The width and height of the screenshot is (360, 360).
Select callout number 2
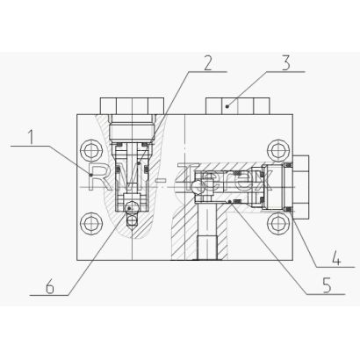click(207, 63)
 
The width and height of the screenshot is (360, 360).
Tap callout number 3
click(285, 63)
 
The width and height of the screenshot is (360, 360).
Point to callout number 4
click(337, 259)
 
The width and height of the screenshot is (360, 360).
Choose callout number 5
click(327, 285)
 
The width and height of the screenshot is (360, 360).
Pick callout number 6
click(50, 286)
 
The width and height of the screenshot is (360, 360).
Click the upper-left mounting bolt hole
click(91, 151)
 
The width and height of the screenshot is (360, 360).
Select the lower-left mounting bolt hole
click(91, 223)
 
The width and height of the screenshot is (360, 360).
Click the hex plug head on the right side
click(301, 187)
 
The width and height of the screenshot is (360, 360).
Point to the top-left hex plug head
click(132, 106)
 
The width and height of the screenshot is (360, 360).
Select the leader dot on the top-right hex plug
click(228, 106)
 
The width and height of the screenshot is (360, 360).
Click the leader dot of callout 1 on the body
click(91, 175)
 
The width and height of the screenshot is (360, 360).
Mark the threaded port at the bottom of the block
click(207, 248)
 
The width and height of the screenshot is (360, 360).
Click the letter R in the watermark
click(98, 177)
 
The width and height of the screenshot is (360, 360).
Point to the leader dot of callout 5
click(230, 201)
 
